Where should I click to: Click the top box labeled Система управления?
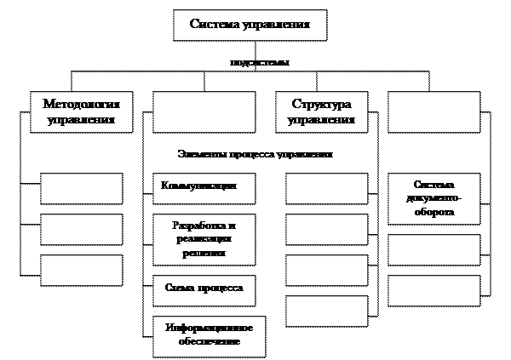(x=250, y=26)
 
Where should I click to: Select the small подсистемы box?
(x=260, y=61)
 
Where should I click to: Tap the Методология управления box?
(x=82, y=111)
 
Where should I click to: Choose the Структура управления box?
(x=321, y=111)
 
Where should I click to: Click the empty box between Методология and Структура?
(x=204, y=111)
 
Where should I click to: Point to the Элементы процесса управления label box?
(x=255, y=153)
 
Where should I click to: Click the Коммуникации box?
(x=204, y=186)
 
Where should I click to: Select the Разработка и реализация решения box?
(x=204, y=239)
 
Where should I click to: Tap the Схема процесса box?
(x=204, y=289)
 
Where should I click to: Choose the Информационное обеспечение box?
(x=204, y=335)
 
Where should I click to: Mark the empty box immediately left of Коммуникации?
(x=82, y=188)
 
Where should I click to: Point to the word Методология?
(x=82, y=104)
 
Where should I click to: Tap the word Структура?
(x=321, y=104)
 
